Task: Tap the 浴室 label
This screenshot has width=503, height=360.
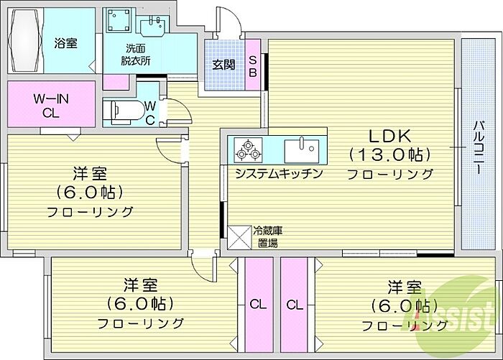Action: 66,43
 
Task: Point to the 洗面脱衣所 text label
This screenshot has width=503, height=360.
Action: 136,55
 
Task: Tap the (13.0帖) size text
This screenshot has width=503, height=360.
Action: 389,154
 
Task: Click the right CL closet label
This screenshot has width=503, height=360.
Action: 293,305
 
